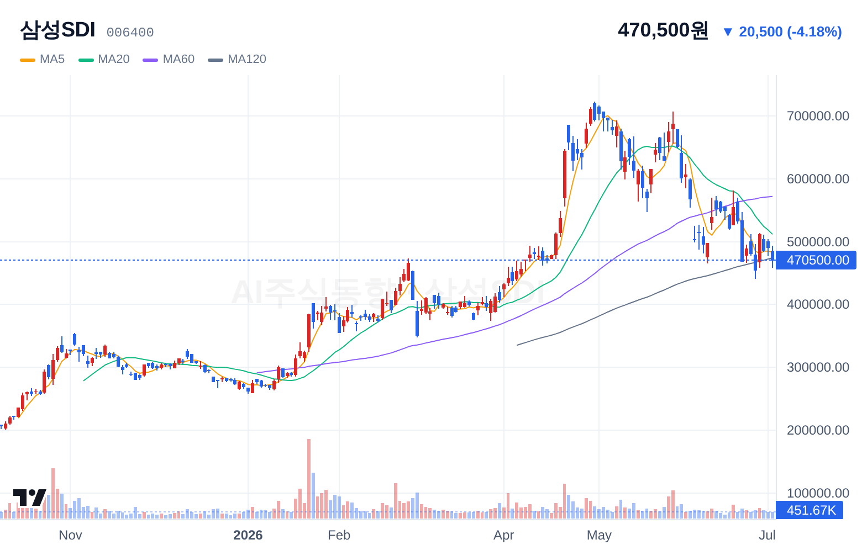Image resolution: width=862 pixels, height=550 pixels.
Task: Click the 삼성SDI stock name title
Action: (57, 30)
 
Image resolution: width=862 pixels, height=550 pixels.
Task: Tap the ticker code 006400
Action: (130, 33)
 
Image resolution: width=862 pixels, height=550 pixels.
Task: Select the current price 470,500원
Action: (663, 30)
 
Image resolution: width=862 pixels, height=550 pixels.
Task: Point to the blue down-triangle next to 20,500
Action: (728, 32)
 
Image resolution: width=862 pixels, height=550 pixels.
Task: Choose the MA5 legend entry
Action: (43, 59)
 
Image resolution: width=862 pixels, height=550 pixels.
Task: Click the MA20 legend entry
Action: (104, 59)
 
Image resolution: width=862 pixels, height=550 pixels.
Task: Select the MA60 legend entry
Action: (169, 59)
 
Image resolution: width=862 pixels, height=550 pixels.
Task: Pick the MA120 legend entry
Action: (237, 59)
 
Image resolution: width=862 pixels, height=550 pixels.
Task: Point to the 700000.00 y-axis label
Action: (818, 116)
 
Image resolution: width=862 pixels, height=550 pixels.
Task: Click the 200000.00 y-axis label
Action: (818, 430)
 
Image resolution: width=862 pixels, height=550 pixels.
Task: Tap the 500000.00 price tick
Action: (818, 241)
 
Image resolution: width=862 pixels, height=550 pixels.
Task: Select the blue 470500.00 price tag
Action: (816, 260)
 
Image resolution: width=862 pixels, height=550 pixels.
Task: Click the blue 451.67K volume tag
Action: (810, 510)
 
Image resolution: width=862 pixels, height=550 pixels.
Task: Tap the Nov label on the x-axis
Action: (70, 535)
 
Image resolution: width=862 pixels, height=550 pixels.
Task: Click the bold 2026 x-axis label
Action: (248, 535)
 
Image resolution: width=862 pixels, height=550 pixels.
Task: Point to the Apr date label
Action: (504, 535)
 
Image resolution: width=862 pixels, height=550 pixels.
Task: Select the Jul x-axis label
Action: (767, 535)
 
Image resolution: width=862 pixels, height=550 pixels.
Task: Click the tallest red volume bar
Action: (309, 479)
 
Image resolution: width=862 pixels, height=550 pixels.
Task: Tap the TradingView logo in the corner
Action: (30, 498)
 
